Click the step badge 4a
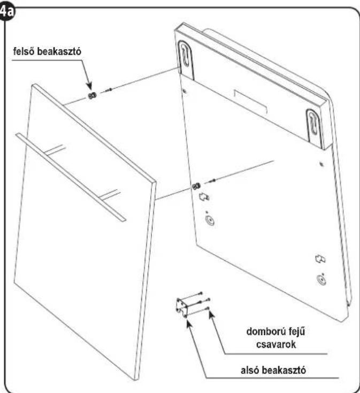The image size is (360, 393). pyautogui.click(x=7, y=12)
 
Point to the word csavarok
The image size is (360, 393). pyautogui.click(x=276, y=344)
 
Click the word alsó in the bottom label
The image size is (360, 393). pyautogui.click(x=250, y=370)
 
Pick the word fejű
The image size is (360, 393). pyautogui.click(x=297, y=331)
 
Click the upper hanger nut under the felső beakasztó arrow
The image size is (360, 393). pyautogui.click(x=93, y=95)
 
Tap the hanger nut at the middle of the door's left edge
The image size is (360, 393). pyautogui.click(x=196, y=186)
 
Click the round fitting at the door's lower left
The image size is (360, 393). pyautogui.click(x=210, y=221)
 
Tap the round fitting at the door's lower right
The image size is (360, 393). pyautogui.click(x=321, y=279)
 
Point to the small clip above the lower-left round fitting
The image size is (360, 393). pyautogui.click(x=204, y=196)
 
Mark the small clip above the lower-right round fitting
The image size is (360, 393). pyautogui.click(x=320, y=259)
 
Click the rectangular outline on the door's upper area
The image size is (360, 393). pyautogui.click(x=250, y=102)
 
